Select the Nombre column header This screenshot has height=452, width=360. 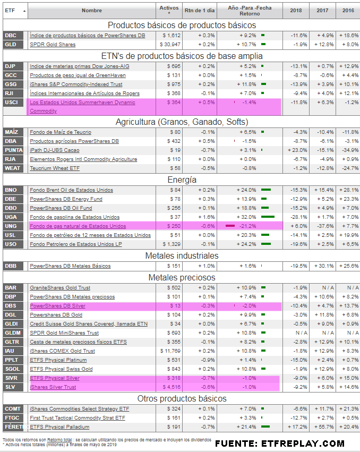click(x=91, y=10)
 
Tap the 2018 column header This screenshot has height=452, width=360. click(x=296, y=10)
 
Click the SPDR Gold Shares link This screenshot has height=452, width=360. click(x=53, y=44)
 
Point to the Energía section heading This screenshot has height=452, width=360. click(x=182, y=180)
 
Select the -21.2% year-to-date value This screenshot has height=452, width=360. click(x=245, y=226)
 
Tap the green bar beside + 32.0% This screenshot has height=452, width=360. click(x=268, y=217)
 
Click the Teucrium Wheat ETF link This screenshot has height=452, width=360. click(x=54, y=168)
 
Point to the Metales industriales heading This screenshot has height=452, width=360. click(x=182, y=255)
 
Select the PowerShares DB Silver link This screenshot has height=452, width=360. click(x=57, y=306)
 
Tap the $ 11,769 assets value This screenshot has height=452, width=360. click(x=170, y=351)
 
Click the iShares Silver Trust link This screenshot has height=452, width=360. click(x=53, y=387)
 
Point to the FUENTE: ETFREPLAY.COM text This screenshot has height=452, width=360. click(x=280, y=443)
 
